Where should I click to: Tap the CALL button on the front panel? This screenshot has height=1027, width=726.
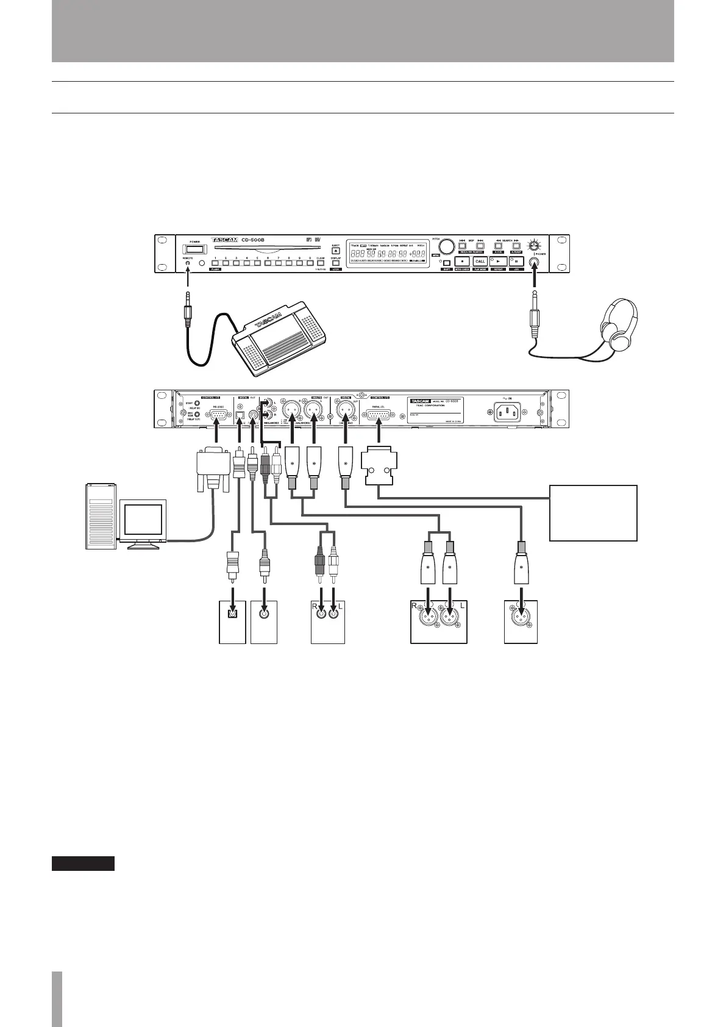click(x=480, y=261)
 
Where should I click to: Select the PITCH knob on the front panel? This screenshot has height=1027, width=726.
click(x=447, y=246)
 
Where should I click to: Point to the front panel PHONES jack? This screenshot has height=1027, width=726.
click(x=535, y=263)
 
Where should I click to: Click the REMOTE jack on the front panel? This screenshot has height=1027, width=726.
click(x=188, y=264)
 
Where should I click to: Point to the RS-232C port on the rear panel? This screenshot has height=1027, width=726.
click(x=218, y=415)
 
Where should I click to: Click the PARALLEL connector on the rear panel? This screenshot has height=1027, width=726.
click(x=379, y=416)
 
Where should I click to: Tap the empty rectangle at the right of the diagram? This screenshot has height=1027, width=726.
click(x=593, y=513)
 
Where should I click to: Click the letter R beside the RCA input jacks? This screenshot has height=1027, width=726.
click(x=315, y=607)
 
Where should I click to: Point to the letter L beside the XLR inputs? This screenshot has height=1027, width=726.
click(x=463, y=607)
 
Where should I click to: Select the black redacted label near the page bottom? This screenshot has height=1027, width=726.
click(x=83, y=863)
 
